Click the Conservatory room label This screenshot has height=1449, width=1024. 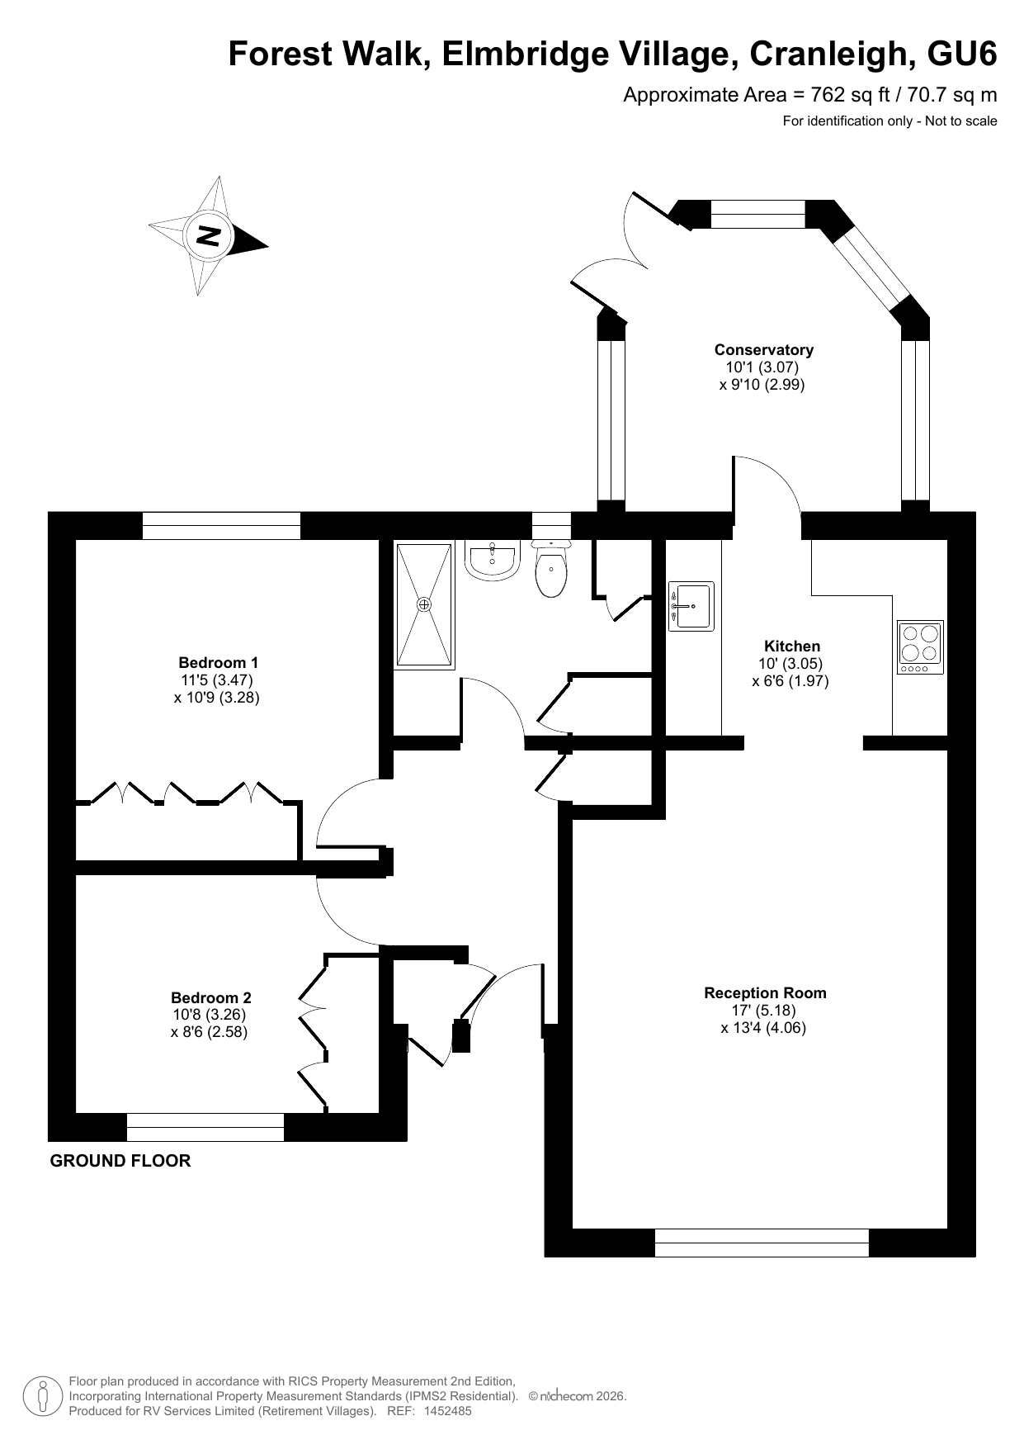point(763,350)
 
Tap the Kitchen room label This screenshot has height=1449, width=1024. point(792,646)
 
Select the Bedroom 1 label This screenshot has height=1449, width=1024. point(218,663)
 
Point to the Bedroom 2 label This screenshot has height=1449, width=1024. point(210,997)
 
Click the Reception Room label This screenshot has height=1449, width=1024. point(765,993)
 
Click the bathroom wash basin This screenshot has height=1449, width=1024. point(492,561)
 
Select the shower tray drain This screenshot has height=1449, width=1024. point(424,604)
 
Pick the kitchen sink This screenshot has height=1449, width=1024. point(691,606)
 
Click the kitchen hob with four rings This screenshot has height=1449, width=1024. point(920,646)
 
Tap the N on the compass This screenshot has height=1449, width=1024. point(208,235)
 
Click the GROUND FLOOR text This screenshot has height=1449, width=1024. point(120,1161)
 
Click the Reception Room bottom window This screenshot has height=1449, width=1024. point(762,1243)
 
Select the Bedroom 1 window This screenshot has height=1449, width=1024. point(221,526)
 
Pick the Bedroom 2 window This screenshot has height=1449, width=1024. point(205,1127)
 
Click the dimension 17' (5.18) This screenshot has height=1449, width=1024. point(763,1011)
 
